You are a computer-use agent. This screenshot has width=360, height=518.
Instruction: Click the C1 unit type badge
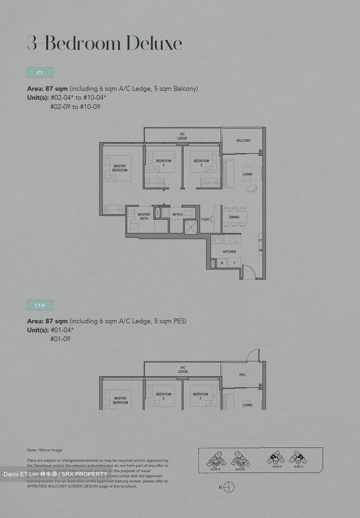(40, 73)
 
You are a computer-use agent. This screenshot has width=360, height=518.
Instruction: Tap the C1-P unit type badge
(40, 305)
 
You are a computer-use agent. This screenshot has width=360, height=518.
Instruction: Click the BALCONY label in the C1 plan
(243, 141)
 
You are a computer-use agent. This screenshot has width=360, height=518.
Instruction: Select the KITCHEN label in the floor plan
(229, 252)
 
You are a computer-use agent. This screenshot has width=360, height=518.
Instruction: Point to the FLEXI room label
(205, 219)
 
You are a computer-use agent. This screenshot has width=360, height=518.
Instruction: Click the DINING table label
(234, 217)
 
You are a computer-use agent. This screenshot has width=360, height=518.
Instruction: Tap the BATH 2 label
(177, 215)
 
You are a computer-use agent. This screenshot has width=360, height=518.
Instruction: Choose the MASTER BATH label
(144, 217)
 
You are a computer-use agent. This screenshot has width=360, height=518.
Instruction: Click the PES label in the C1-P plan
(242, 375)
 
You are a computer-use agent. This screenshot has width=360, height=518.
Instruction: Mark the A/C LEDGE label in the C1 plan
(182, 136)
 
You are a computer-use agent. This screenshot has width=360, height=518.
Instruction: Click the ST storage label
(260, 240)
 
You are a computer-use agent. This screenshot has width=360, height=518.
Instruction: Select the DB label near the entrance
(260, 250)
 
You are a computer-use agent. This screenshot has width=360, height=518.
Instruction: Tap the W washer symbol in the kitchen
(222, 263)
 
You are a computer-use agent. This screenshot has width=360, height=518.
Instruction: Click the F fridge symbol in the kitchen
(234, 263)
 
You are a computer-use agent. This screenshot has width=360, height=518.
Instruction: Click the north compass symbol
(229, 487)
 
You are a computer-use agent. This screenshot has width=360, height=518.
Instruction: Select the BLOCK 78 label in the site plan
(215, 469)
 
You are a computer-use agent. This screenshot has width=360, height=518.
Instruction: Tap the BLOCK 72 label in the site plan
(298, 467)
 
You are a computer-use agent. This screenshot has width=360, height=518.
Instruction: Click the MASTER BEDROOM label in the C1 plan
(120, 168)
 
